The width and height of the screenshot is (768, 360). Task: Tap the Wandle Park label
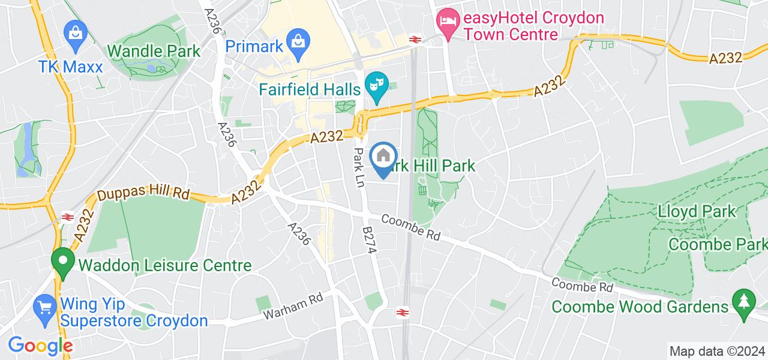(154, 50)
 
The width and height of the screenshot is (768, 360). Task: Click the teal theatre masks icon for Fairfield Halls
(376, 82)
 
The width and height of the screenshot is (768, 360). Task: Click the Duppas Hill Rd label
(143, 196)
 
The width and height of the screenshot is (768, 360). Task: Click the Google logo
(40, 346)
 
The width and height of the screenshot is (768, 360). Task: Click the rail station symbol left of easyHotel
(414, 39)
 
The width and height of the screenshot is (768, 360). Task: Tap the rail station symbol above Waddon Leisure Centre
(67, 217)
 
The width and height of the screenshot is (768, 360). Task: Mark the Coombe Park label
(717, 245)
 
